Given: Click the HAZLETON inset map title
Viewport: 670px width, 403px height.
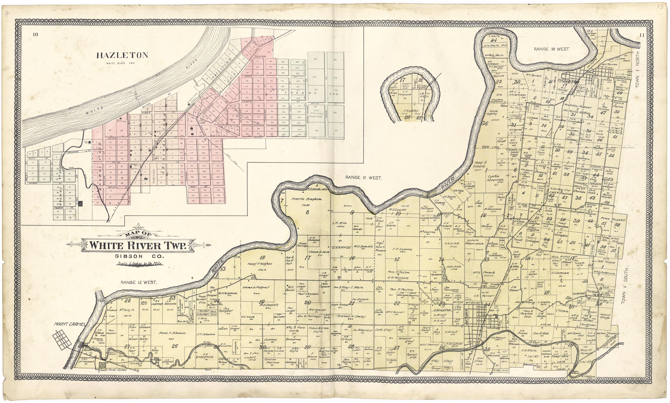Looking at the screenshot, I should [122, 55].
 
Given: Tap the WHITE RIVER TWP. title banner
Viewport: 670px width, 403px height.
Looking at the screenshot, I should [138, 245].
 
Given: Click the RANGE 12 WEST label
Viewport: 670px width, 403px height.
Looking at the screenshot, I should [139, 282].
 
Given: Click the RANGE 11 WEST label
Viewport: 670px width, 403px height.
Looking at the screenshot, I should [363, 178].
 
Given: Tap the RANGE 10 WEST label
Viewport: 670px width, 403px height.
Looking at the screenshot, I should [551, 49].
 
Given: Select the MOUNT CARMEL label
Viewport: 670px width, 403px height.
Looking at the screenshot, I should [70, 324].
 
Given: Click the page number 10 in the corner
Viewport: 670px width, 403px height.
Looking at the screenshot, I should [35, 34].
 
